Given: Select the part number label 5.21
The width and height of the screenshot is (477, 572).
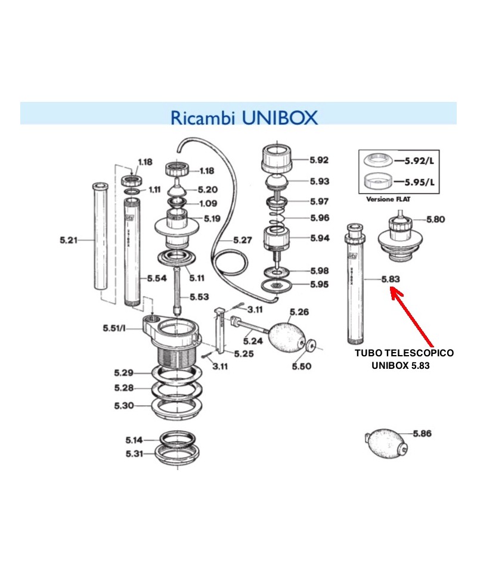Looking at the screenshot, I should [69, 240].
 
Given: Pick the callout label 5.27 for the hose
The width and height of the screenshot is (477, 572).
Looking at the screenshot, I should [242, 240].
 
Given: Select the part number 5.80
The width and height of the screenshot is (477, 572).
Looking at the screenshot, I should [435, 219].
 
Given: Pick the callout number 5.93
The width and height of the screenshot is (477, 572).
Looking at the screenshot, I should [319, 181].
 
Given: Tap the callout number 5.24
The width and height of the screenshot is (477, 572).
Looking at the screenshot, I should [252, 341].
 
